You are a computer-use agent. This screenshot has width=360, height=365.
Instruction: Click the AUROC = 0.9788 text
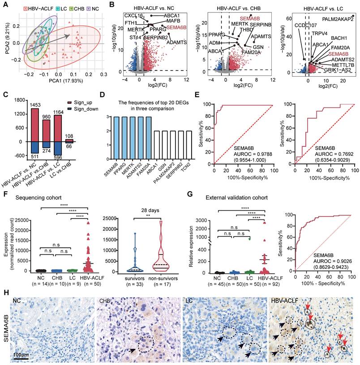coord(249,153)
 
